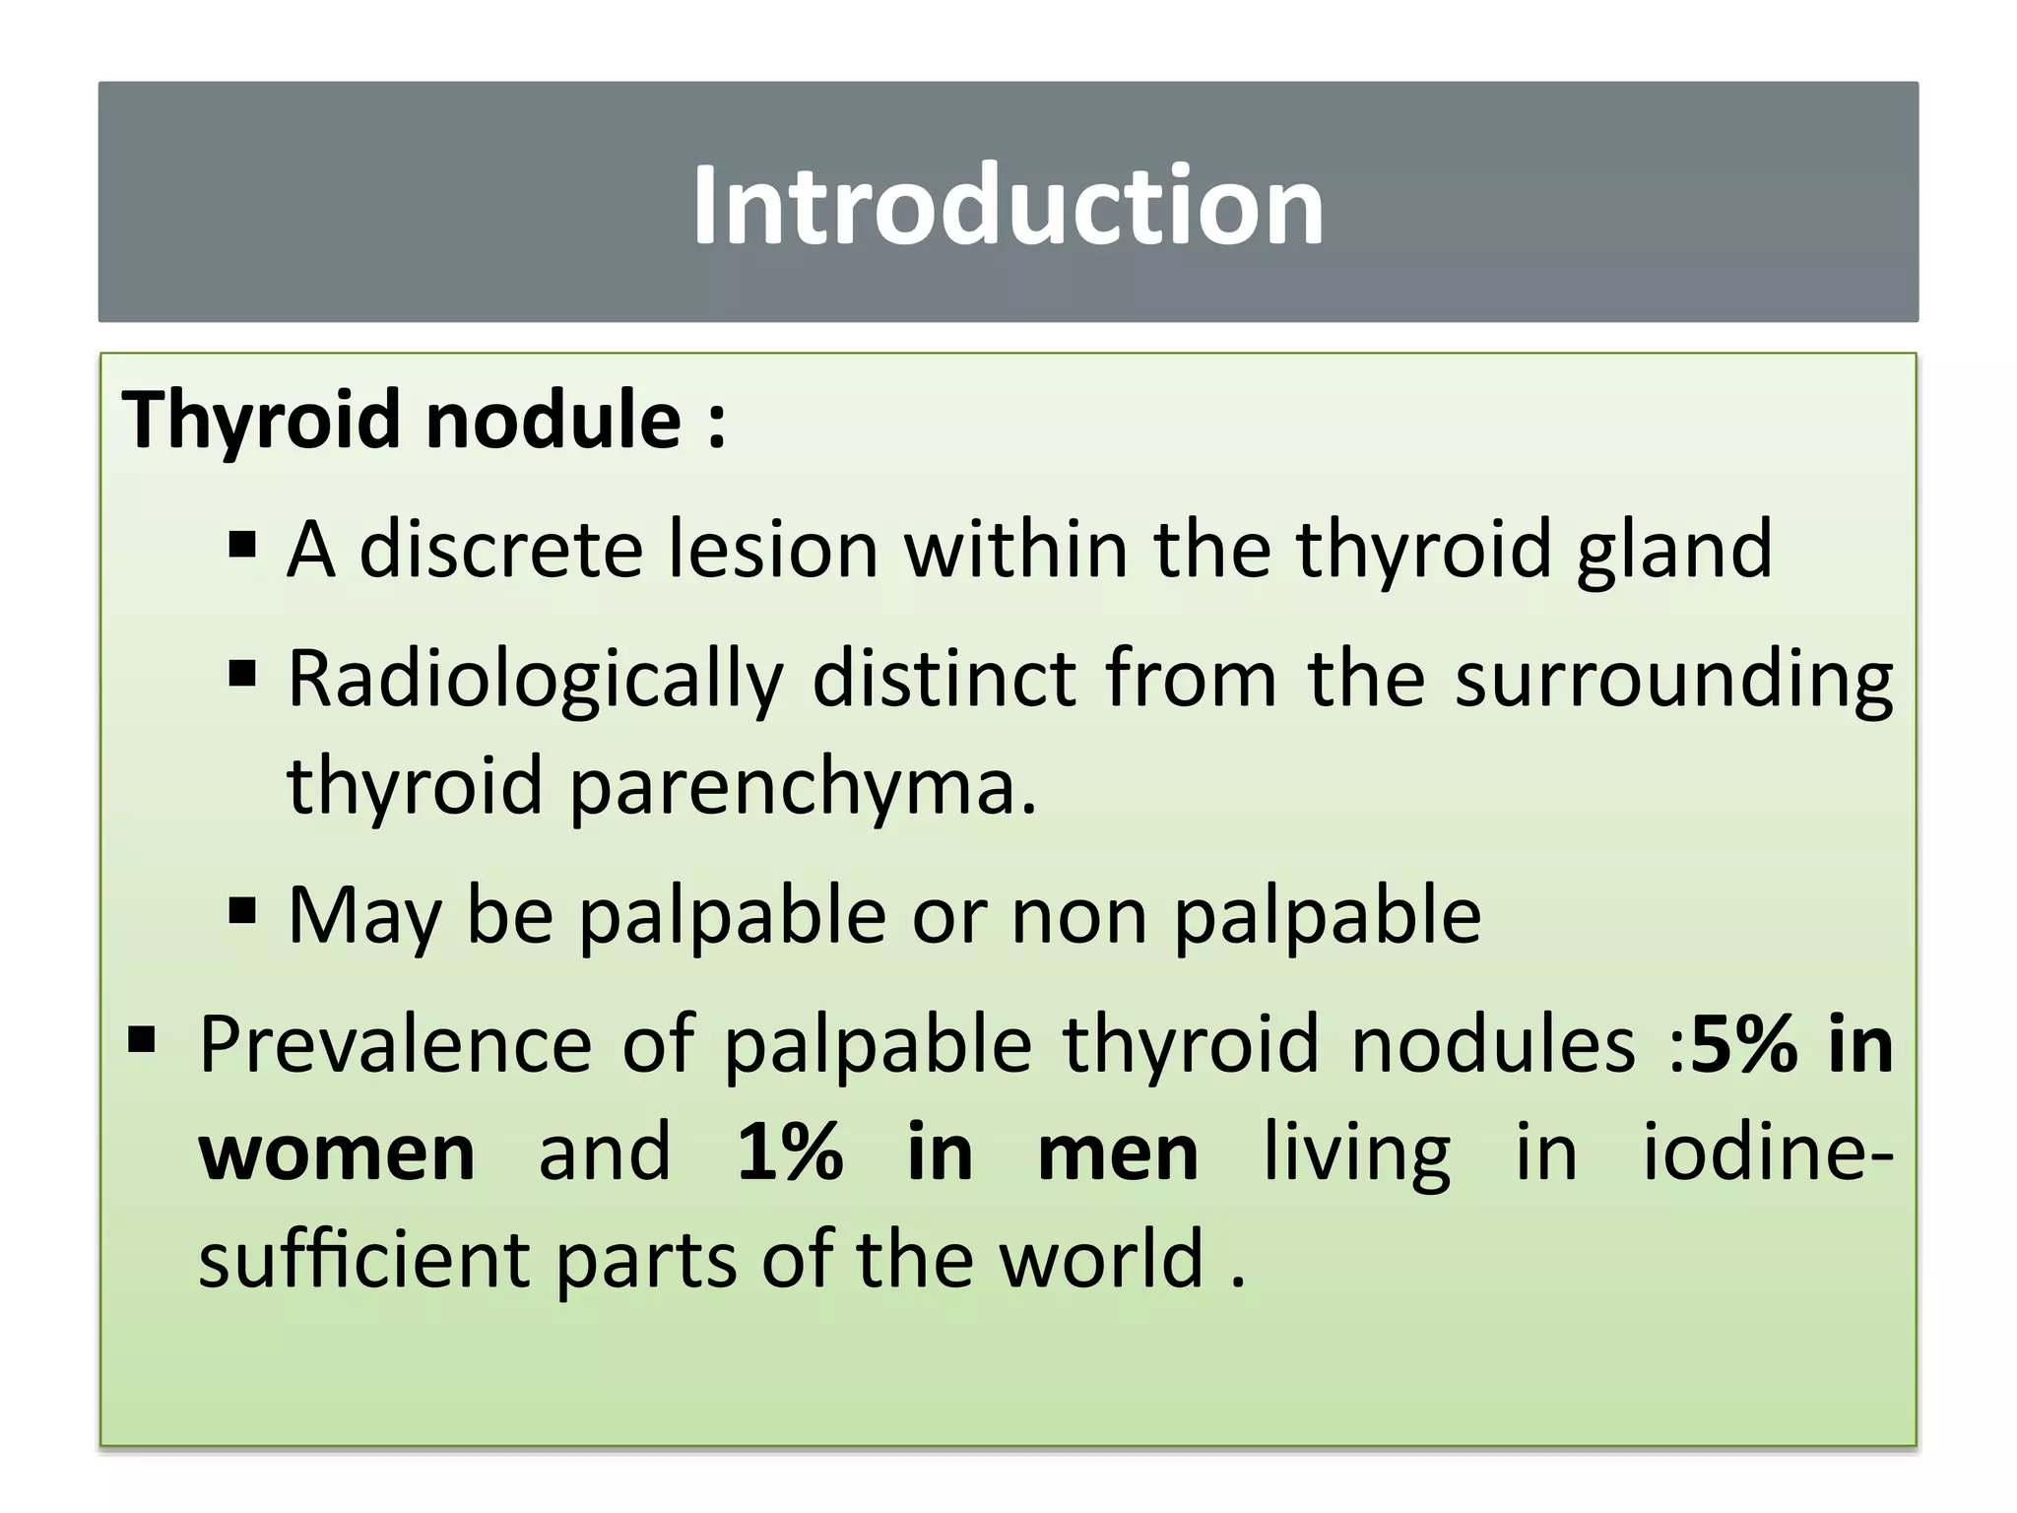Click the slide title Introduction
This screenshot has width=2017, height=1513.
pyautogui.click(x=1008, y=205)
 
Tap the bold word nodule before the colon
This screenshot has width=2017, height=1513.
pyautogui.click(x=553, y=420)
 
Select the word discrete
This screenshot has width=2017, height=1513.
pyautogui.click(x=500, y=549)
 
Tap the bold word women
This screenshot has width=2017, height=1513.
pyautogui.click(x=338, y=1152)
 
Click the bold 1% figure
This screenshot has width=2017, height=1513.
pyautogui.click(x=790, y=1152)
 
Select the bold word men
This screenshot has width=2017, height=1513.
pyautogui.click(x=1118, y=1152)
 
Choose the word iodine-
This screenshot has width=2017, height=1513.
pyautogui.click(x=1768, y=1152)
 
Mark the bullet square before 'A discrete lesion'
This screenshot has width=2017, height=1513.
pyautogui.click(x=241, y=545)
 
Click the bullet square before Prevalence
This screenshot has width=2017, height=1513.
pyautogui.click(x=142, y=1039)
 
